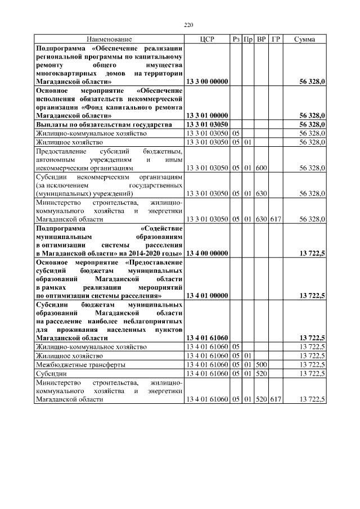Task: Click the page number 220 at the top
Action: [x=188, y=25]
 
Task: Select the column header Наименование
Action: [x=109, y=39]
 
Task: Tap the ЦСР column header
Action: [x=206, y=39]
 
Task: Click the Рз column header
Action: [x=236, y=39]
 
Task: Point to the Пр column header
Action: [x=248, y=39]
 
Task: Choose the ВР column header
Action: [x=261, y=39]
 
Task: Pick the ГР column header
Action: [x=276, y=39]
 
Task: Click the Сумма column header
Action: [x=304, y=39]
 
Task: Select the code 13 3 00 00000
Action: [x=206, y=82]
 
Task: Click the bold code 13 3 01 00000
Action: [x=206, y=115]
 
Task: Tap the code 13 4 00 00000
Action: [x=206, y=254]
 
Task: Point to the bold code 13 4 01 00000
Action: [x=206, y=295]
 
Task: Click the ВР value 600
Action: [x=261, y=168]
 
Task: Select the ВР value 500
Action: [x=261, y=364]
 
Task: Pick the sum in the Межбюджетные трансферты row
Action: [x=312, y=364]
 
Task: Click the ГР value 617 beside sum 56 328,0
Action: [x=276, y=219]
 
